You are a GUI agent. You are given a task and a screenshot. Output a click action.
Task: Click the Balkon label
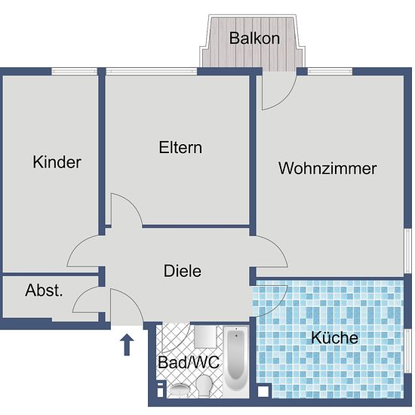click(x=254, y=38)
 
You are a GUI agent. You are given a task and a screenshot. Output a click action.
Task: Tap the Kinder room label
click(x=57, y=161)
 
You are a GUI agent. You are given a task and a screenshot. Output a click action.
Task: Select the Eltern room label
click(x=180, y=147)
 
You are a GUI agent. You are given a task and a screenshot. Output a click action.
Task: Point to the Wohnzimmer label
click(x=327, y=168)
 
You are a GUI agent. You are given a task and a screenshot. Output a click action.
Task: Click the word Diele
click(x=183, y=271)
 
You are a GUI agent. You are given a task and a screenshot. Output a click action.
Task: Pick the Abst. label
click(x=44, y=290)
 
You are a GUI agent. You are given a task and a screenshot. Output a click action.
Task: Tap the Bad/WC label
click(x=189, y=362)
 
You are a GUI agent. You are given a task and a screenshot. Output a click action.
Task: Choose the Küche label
click(x=334, y=337)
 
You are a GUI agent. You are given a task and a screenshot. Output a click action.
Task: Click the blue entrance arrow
click(x=127, y=344)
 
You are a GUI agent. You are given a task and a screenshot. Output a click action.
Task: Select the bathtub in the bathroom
click(x=236, y=361)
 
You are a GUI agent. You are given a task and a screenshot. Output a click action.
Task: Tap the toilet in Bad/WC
click(x=204, y=386)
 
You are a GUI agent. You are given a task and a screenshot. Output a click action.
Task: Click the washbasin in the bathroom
click(x=180, y=390)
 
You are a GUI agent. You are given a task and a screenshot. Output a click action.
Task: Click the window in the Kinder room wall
click(x=75, y=71)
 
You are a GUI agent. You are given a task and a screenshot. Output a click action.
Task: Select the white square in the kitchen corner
click(x=263, y=392)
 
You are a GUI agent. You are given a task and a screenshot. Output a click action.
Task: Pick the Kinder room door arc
click(x=78, y=244)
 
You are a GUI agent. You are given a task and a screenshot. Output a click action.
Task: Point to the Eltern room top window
click(x=152, y=71)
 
